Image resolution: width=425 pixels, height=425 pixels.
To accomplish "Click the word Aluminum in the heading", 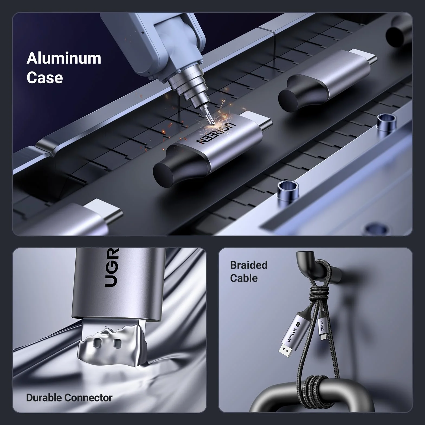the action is coord(64,58).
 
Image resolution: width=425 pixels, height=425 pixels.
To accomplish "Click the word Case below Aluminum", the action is coord(45,78).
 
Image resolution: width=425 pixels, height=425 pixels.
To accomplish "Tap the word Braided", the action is coord(249,265).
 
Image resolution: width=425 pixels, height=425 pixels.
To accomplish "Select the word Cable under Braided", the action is coord(244,278).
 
